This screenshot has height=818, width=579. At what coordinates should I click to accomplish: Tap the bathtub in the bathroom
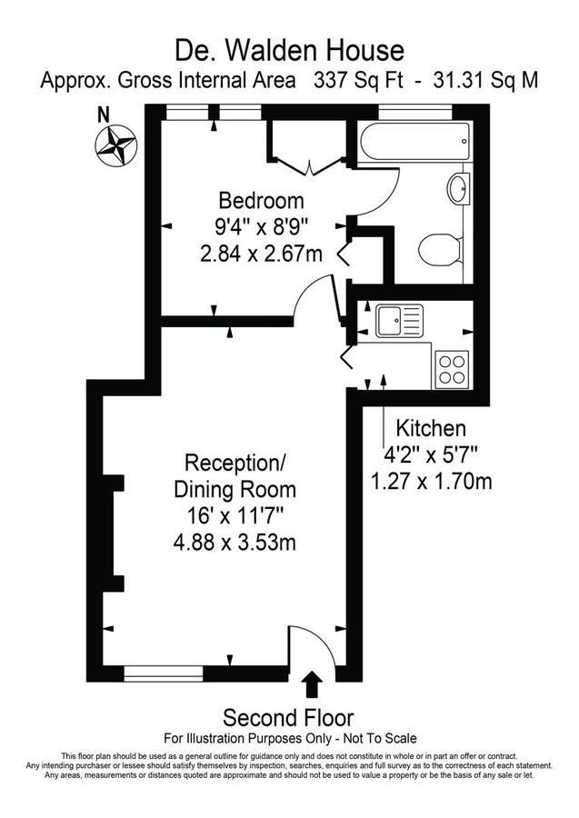click(x=414, y=144)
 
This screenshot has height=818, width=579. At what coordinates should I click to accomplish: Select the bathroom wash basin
click(x=457, y=191)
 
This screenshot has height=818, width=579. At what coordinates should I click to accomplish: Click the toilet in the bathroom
click(x=441, y=248)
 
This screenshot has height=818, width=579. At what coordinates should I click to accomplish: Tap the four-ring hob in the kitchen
click(x=452, y=368)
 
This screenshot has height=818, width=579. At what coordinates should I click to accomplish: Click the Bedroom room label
click(x=261, y=201)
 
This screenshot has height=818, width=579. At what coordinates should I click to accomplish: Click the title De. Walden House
click(x=289, y=48)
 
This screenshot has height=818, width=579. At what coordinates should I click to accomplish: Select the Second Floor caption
click(x=288, y=717)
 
